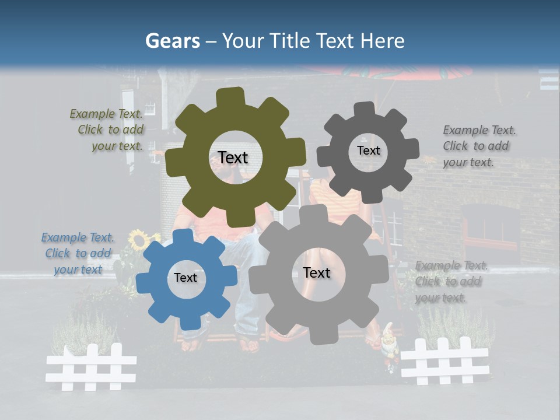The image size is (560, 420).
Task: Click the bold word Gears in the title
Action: [171, 41]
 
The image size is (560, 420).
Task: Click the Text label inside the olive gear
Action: [233, 157]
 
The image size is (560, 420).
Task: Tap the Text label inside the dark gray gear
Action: [368, 150]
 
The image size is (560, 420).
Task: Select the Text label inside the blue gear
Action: [185, 278]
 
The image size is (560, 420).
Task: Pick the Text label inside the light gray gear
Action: [316, 272]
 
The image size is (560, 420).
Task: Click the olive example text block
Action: [108, 130]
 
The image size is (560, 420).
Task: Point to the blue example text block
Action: [78, 253]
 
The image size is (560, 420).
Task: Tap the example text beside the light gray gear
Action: [450, 281]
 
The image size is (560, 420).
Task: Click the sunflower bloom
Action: [138, 239]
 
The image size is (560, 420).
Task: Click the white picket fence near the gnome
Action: [444, 361]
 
